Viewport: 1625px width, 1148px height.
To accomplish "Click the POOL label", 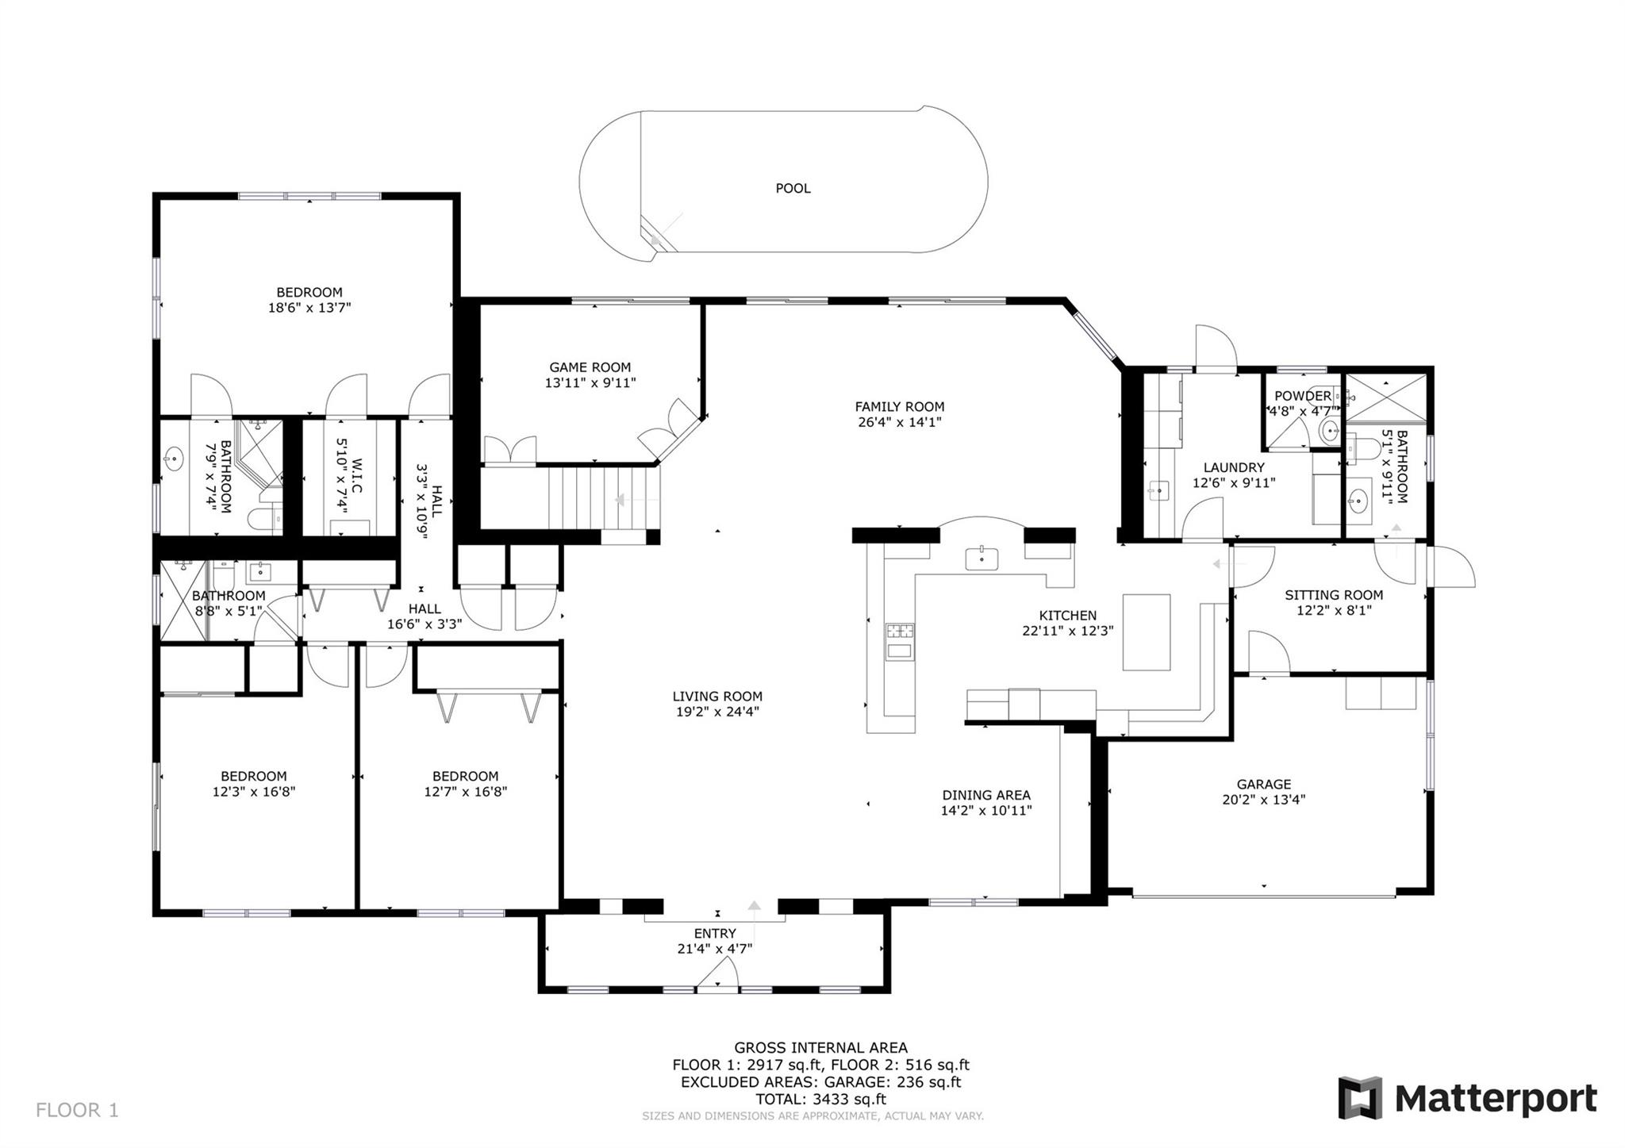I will [x=793, y=189].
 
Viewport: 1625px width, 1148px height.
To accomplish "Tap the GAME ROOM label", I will [x=590, y=367].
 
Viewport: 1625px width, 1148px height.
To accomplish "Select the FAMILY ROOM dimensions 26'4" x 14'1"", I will [x=899, y=423].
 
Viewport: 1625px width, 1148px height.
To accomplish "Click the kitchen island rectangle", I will [x=1146, y=632].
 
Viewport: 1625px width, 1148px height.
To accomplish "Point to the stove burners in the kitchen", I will [x=900, y=632].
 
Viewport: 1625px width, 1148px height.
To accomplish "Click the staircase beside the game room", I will [x=603, y=498].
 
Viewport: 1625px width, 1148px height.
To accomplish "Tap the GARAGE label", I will [x=1263, y=785].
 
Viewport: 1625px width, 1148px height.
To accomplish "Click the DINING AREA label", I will [x=986, y=795].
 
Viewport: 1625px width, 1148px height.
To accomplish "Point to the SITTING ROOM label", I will [x=1334, y=595].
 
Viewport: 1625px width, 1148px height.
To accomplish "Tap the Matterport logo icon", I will [x=1360, y=1098].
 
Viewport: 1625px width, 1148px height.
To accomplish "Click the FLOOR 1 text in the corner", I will [x=77, y=1110].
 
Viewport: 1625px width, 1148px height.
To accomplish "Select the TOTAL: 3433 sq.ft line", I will [x=820, y=1100].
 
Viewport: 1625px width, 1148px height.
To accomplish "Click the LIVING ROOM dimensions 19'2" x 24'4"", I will [x=717, y=712].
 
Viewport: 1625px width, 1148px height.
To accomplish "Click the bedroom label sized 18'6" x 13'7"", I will [x=309, y=293].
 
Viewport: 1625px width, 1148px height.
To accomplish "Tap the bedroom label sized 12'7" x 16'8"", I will [x=465, y=777].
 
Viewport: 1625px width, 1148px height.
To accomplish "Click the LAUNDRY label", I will [x=1233, y=468].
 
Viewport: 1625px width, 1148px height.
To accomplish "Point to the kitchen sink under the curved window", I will [x=982, y=559].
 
